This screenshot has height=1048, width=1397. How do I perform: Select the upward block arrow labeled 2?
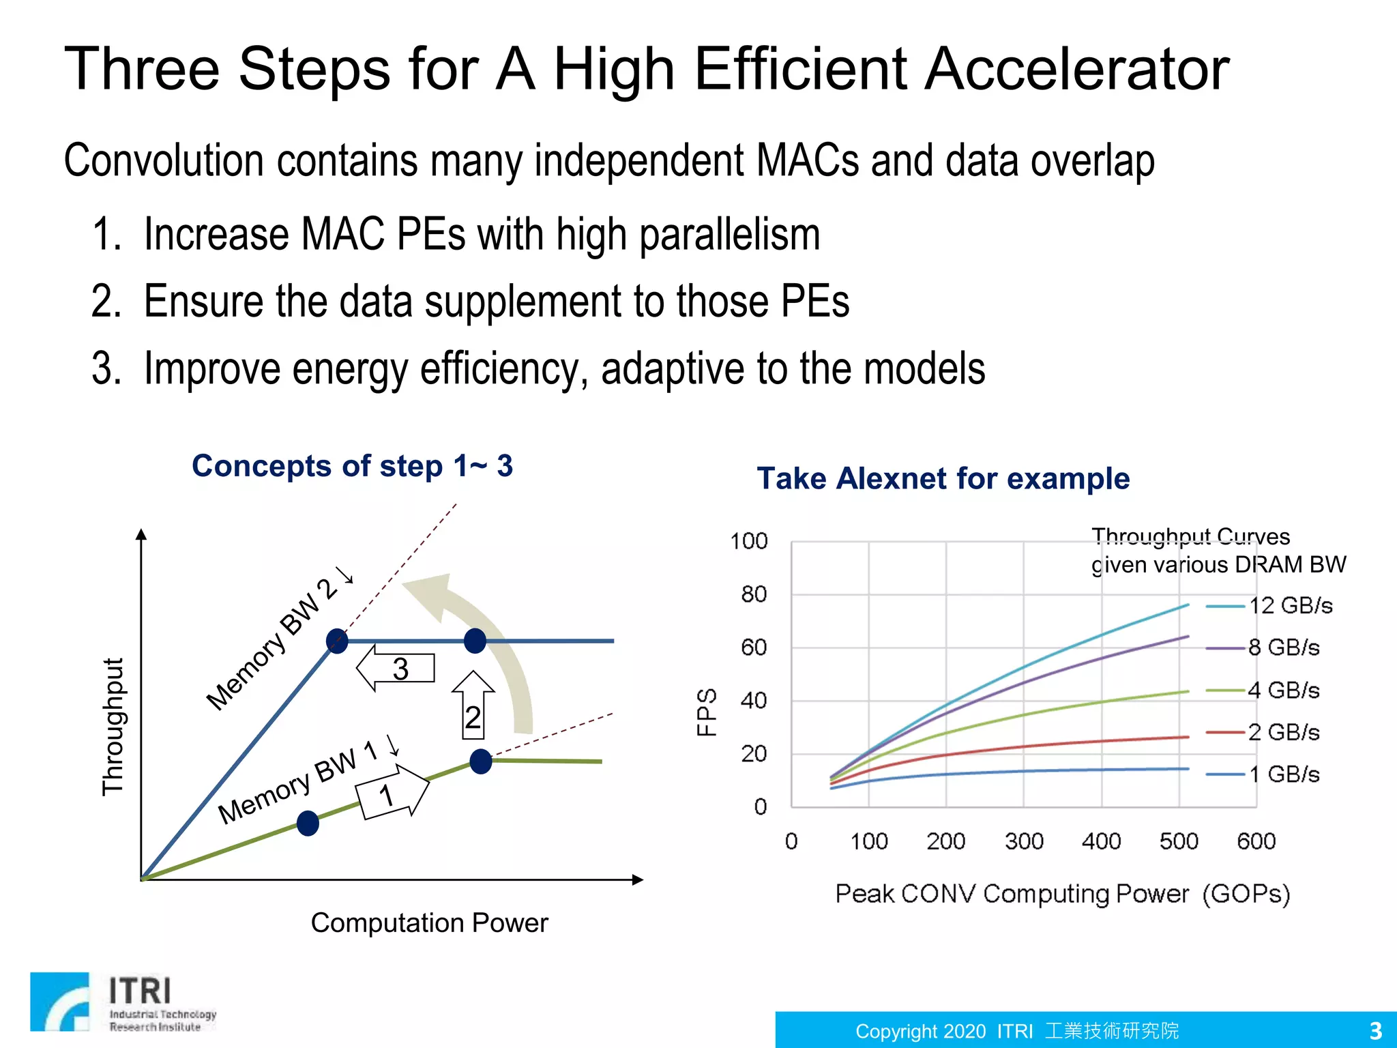coord(473,706)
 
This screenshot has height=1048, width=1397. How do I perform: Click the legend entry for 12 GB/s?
coord(1269,606)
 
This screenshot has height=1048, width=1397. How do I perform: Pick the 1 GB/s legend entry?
coord(1263,774)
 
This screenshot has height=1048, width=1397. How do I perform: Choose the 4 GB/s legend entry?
coord(1263,690)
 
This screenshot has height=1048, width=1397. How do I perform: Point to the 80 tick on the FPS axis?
coord(754,594)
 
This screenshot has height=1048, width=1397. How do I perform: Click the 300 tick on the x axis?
coord(1024,841)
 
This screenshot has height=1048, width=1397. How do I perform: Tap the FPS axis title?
coord(707,712)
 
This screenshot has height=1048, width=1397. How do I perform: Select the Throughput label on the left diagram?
coord(113,727)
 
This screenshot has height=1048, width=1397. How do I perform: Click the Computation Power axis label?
coord(429,923)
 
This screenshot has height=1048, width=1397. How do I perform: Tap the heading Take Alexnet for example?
coord(943,478)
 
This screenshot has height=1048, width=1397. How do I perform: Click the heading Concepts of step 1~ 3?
coord(352,466)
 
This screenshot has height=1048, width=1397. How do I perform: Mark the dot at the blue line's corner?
coord(337,641)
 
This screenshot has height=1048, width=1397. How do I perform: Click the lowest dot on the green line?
coord(308,824)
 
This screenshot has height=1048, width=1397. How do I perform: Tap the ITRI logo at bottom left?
coord(123,1002)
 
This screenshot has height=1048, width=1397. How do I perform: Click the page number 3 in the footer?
coord(1375,1030)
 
